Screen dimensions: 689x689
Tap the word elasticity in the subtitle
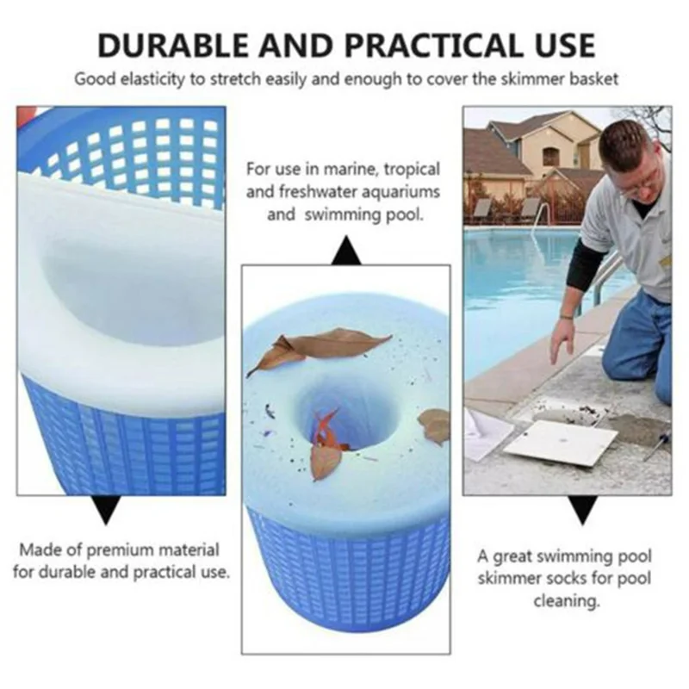coord(151,79)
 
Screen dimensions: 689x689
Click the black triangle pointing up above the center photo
coord(345,251)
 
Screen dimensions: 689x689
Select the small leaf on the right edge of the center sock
coord(436,425)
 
